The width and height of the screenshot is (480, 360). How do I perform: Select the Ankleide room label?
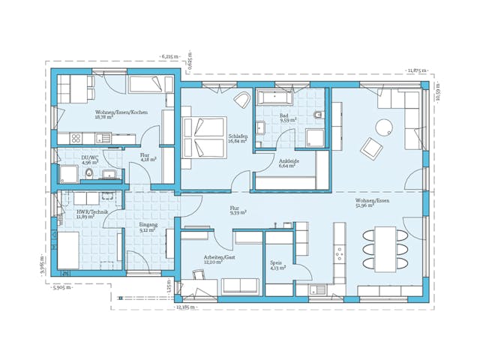click(289, 163)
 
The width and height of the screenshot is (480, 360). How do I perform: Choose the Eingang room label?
click(148, 227)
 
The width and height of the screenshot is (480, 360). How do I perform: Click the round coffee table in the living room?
click(385, 127)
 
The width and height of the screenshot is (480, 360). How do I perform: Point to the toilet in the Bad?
click(319, 115)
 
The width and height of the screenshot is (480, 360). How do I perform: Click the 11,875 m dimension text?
click(416, 70)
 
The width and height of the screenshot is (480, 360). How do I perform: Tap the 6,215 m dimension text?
click(169, 55)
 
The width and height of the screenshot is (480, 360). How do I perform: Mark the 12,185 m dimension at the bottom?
click(184, 307)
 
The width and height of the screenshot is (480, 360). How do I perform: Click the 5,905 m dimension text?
click(61, 287)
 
